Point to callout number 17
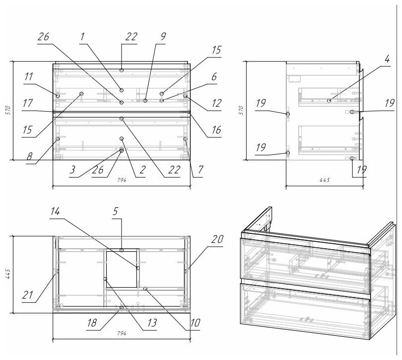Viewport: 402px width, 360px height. pos(28,103)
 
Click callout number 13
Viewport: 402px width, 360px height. pos(151,323)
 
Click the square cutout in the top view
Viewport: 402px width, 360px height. pos(122,268)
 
